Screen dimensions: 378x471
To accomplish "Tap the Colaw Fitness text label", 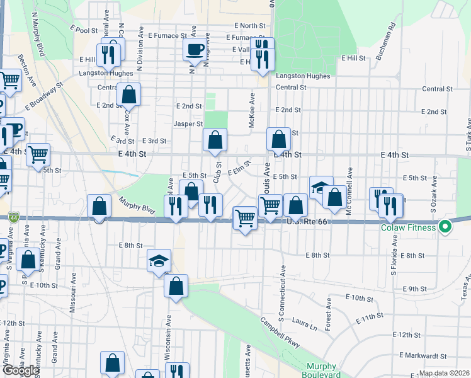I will coord(407,227).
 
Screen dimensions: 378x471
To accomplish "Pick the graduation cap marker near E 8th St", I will coord(159,260).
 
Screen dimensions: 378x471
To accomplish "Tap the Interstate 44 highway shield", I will coord(13,217).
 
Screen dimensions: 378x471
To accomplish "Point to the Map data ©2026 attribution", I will coord(443,373).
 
